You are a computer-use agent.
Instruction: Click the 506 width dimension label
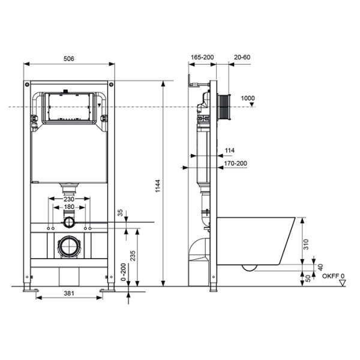coord(70,58)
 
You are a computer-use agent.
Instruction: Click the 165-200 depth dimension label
coord(202,58)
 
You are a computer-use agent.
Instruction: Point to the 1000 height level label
coord(247,98)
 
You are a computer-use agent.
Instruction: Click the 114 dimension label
coord(230,151)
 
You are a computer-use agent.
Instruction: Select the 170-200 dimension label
coord(234,163)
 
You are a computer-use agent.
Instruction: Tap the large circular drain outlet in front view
coord(69,247)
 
